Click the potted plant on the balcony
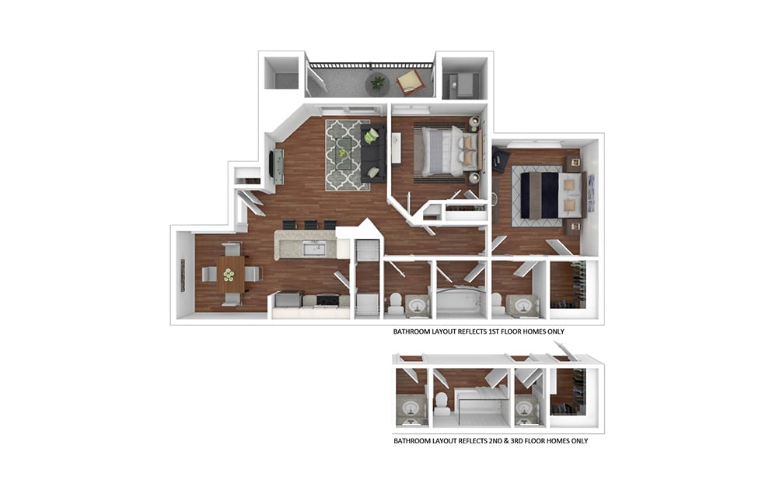378,81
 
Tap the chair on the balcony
409,80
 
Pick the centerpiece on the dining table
229,274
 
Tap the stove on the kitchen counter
328,300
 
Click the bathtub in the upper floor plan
460,300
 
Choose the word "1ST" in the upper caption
498,331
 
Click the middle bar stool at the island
310,225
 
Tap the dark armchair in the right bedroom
500,160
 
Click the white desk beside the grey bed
396,148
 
